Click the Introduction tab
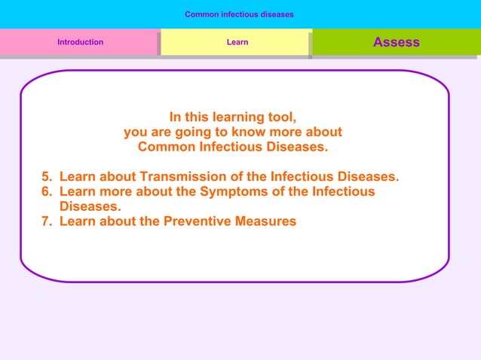(x=80, y=42)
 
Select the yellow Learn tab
(x=237, y=42)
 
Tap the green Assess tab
(x=396, y=42)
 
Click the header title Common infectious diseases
(x=239, y=14)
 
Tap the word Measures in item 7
(x=268, y=221)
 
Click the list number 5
(x=47, y=177)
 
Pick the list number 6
(x=47, y=192)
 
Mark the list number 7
(x=47, y=221)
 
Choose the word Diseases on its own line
(x=90, y=206)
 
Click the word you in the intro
(x=136, y=133)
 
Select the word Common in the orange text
(x=163, y=147)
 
